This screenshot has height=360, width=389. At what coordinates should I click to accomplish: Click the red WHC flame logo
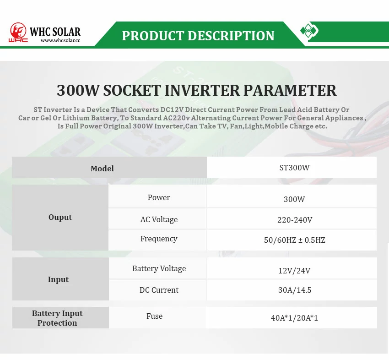[x=18, y=32]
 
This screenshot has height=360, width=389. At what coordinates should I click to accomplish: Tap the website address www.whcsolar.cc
[x=60, y=40]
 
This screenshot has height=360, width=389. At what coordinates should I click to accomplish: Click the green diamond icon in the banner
[x=308, y=31]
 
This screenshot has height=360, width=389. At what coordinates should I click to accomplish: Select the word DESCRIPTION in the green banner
[x=231, y=36]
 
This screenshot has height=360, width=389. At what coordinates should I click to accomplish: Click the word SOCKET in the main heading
[x=131, y=90]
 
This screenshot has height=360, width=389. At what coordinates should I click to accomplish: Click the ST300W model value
[x=294, y=168]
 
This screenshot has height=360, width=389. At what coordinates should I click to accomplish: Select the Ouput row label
[x=60, y=217]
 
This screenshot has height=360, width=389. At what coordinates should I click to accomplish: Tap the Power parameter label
[x=159, y=197]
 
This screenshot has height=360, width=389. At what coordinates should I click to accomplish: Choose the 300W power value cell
[x=292, y=196]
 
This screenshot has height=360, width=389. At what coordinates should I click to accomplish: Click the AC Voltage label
[x=159, y=219]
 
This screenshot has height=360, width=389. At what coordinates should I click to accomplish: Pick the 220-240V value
[x=295, y=220]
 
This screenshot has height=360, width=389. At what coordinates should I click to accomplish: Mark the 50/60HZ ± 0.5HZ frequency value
[x=294, y=240]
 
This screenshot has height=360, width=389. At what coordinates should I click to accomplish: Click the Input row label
[x=58, y=279]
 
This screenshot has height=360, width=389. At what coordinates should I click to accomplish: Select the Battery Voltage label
[x=159, y=268]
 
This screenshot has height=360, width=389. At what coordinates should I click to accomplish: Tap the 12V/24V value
[x=294, y=270]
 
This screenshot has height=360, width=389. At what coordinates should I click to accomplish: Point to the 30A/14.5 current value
[x=295, y=290]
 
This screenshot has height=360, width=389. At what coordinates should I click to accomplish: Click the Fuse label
[x=154, y=316]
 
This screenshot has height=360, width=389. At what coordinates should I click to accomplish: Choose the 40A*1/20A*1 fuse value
[x=294, y=318]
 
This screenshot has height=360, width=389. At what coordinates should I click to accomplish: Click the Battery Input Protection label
[x=57, y=318]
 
